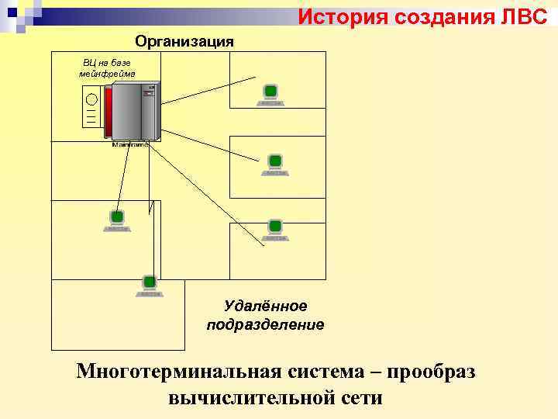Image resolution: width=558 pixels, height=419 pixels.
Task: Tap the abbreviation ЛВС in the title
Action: pos(524,16)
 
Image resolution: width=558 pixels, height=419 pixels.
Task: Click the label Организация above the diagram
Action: pos(184,41)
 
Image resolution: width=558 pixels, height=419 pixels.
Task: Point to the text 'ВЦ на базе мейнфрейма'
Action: pos(108,68)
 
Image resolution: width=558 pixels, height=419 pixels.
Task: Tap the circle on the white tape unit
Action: pos(91,99)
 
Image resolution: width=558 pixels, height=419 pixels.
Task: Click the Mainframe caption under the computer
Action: pos(129,144)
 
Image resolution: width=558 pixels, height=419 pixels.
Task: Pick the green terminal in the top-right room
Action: pos(270,93)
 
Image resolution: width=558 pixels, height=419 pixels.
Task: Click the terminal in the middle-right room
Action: pos(275,162)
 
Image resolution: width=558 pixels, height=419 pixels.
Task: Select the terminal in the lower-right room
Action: pos(275,227)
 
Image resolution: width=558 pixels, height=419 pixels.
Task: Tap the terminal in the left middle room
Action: pos(117,219)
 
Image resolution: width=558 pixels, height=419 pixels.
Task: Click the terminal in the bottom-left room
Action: pos(150,283)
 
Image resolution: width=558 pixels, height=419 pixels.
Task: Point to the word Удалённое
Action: pos(265,307)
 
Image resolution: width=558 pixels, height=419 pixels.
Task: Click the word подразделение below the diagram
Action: pos(265,324)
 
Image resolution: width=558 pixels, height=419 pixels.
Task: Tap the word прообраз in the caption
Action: pos(431,372)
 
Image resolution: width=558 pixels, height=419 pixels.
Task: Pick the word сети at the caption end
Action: pos(360,398)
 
